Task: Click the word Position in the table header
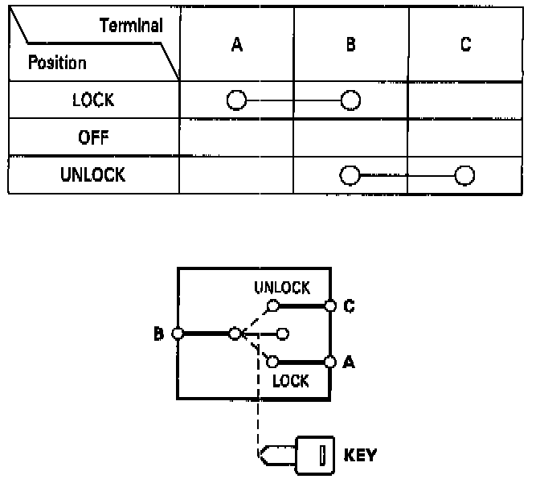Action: click(x=58, y=62)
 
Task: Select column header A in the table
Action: click(x=237, y=45)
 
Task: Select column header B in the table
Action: click(x=350, y=45)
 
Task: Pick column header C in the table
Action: click(x=465, y=45)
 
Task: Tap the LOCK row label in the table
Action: click(x=93, y=100)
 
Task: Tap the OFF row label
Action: click(x=93, y=137)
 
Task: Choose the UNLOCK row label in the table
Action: click(x=93, y=174)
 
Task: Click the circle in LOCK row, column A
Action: click(x=236, y=100)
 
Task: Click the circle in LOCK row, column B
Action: click(x=350, y=100)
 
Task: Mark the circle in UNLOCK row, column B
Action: click(x=350, y=175)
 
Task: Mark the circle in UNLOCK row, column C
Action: click(x=464, y=175)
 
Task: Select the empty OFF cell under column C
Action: click(x=465, y=137)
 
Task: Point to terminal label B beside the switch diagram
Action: click(x=158, y=333)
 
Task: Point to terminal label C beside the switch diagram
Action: click(x=349, y=305)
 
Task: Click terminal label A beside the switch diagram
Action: click(x=349, y=362)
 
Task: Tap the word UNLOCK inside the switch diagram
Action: click(x=281, y=288)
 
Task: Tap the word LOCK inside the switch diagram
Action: click(x=290, y=381)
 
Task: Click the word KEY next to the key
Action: click(x=359, y=456)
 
